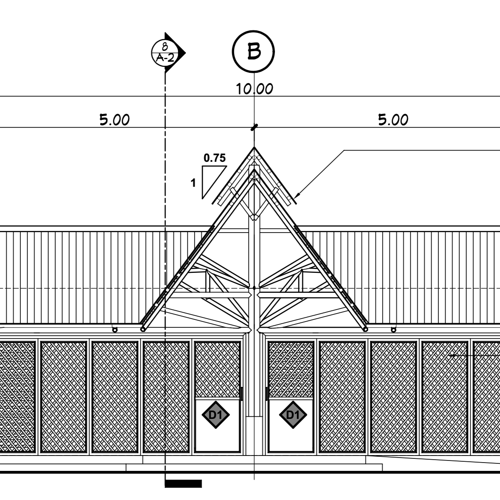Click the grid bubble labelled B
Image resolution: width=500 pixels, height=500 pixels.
[253, 52]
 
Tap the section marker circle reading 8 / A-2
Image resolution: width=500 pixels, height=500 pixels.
[165, 53]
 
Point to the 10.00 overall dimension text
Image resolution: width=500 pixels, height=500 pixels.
[255, 89]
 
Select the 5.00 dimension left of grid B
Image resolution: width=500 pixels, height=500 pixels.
[114, 120]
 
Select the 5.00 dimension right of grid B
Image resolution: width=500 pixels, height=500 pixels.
[393, 120]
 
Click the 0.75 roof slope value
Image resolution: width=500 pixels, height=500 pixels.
[215, 158]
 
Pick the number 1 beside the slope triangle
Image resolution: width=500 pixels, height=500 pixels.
[193, 183]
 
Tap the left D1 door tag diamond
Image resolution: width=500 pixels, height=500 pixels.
[215, 415]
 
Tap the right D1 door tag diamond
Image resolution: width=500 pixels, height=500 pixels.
[293, 415]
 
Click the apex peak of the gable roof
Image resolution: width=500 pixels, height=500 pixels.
[254, 147]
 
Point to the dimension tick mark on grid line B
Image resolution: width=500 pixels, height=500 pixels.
[254, 127]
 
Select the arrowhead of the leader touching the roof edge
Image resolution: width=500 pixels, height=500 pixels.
[297, 195]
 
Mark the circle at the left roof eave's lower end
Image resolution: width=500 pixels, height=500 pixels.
[143, 329]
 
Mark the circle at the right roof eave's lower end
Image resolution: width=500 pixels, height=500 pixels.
[365, 329]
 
